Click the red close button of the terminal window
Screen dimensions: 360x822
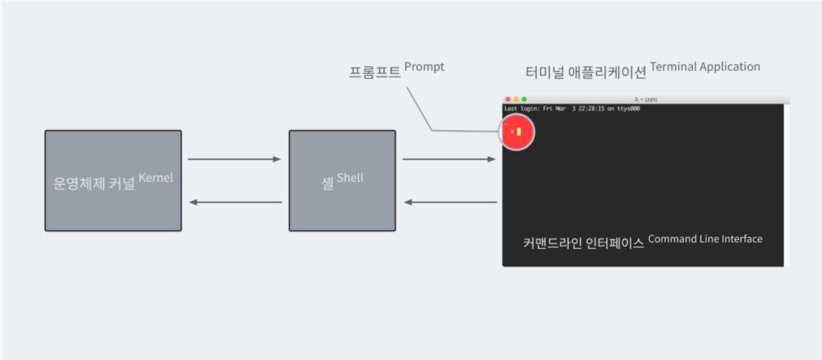508,99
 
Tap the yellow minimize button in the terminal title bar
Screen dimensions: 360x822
516,99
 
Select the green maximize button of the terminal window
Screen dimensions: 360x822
525,99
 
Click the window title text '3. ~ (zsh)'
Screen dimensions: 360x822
645,99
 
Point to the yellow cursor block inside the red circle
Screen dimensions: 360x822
519,132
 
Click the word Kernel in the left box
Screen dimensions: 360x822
156,178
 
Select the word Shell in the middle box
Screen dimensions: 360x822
350,178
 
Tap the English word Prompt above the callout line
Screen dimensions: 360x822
424,67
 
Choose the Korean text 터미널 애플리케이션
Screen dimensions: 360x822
585,73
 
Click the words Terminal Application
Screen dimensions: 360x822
705,67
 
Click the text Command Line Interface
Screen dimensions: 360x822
705,239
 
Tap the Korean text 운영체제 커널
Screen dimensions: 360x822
94,184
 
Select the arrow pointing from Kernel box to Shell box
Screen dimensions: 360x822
234,159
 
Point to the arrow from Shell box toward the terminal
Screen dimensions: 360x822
449,159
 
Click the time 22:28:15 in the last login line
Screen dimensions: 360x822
585,108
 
